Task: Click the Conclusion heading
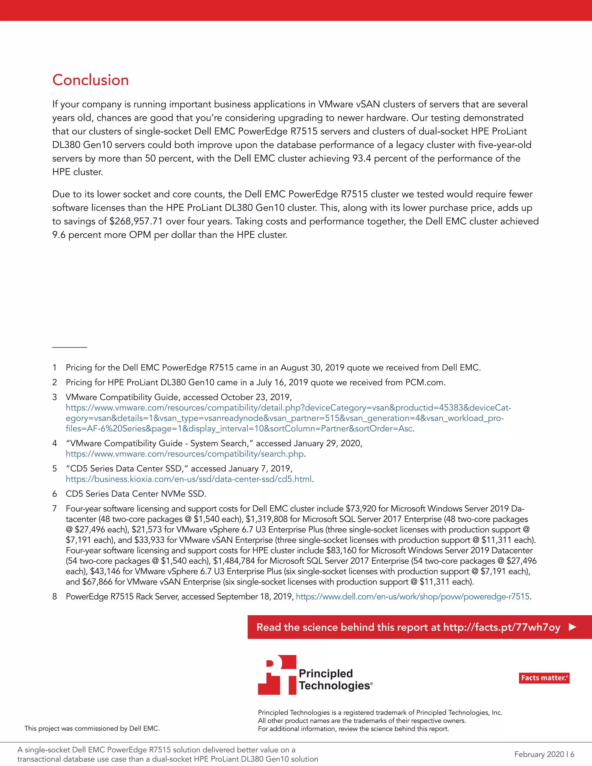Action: click(x=90, y=80)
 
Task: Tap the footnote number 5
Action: click(x=54, y=469)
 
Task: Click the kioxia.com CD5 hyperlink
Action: click(x=189, y=479)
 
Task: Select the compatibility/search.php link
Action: click(x=184, y=454)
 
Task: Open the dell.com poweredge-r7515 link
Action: click(x=412, y=597)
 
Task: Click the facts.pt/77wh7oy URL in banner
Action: click(x=502, y=627)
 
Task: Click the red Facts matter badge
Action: click(x=544, y=678)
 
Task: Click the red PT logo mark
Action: click(x=277, y=675)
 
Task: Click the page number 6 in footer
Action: click(x=572, y=754)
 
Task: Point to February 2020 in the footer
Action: click(x=539, y=754)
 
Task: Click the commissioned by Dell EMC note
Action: click(x=92, y=728)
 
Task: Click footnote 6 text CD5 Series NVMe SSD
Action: click(x=136, y=494)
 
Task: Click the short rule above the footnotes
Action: click(x=69, y=347)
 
